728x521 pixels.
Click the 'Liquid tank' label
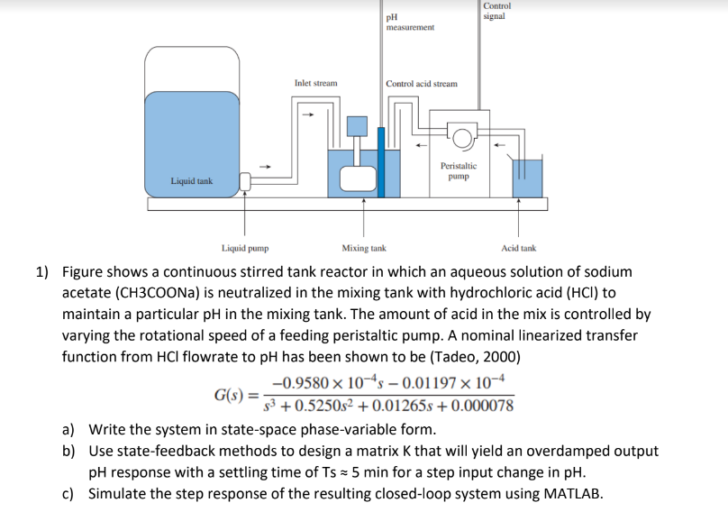pyautogui.click(x=191, y=181)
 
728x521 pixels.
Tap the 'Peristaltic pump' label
pyautogui.click(x=459, y=170)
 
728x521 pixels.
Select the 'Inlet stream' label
pyautogui.click(x=315, y=83)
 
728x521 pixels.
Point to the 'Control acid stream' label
pyautogui.click(x=421, y=84)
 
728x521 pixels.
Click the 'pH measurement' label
pyautogui.click(x=409, y=23)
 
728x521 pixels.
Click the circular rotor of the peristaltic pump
pyautogui.click(x=461, y=138)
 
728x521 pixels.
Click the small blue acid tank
pyautogui.click(x=527, y=178)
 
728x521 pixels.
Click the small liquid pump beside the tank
pyautogui.click(x=245, y=181)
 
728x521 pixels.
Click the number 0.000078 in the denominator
pyautogui.click(x=484, y=406)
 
